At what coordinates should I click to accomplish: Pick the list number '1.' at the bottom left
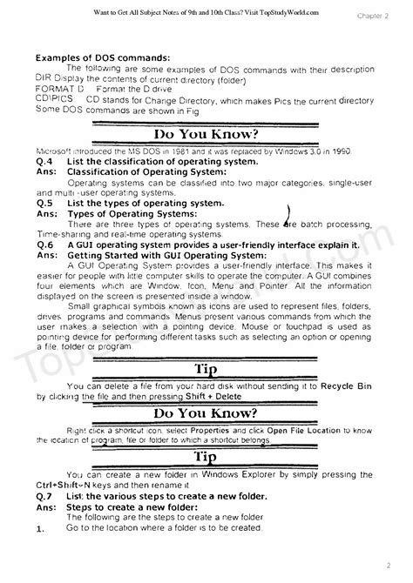pyautogui.click(x=40, y=528)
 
